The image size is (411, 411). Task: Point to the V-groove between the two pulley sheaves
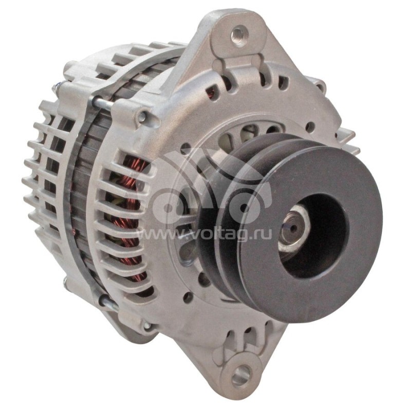point(234,216)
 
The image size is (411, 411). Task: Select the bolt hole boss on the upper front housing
point(142,117)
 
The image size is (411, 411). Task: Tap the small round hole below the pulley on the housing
point(188,297)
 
